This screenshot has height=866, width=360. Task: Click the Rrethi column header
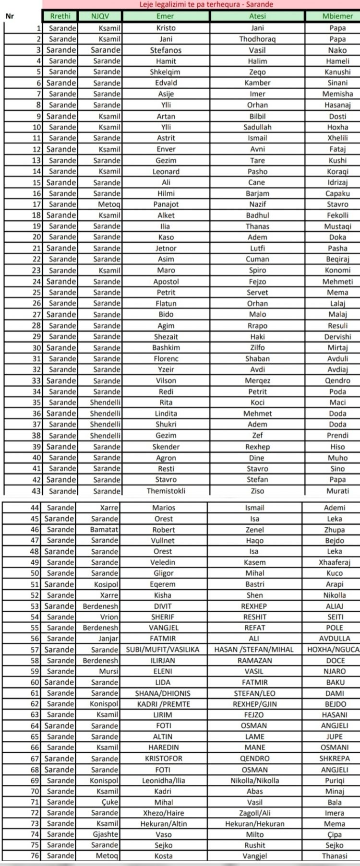60,16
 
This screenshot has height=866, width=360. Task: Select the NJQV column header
100,16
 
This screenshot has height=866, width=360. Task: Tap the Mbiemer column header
337,16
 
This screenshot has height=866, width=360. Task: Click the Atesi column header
257,16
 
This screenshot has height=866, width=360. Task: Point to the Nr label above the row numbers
9,16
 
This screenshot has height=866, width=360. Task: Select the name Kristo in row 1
166,28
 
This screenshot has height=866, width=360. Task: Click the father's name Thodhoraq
257,39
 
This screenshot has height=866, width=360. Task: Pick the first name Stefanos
166,50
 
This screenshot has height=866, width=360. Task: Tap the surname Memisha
337,94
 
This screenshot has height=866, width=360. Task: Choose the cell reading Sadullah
257,127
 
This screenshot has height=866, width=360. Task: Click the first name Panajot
166,204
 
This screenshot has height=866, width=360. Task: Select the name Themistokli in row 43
166,491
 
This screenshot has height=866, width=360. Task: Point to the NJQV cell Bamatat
104,530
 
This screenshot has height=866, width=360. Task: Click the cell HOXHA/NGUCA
333,650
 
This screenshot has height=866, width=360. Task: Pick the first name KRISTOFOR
164,759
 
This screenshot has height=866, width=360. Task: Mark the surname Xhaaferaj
335,562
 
